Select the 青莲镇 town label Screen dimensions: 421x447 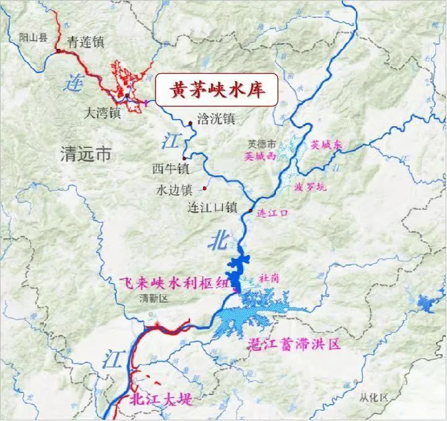[87, 42]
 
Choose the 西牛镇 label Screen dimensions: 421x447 [166, 168]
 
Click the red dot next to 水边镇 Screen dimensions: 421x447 [206, 188]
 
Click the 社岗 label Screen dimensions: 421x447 [269, 278]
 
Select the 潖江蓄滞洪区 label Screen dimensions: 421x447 [294, 344]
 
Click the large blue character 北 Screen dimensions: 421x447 [220, 238]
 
